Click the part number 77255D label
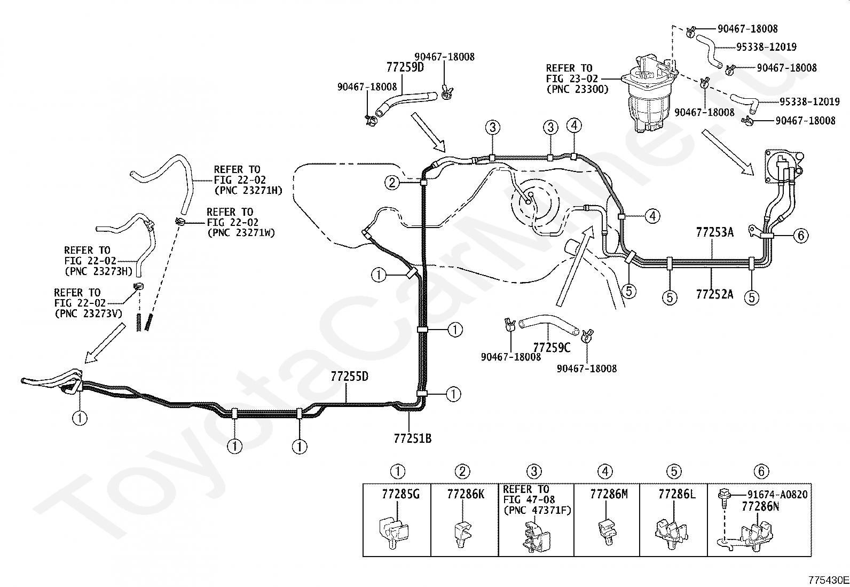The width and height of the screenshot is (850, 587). click(349, 377)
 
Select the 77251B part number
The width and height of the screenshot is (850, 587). click(413, 439)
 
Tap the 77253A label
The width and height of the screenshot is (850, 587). click(714, 232)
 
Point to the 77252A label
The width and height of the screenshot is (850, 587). click(714, 294)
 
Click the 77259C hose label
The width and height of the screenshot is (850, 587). click(552, 348)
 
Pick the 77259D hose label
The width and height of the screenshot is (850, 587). click(405, 67)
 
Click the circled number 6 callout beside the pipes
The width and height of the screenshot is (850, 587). click(801, 236)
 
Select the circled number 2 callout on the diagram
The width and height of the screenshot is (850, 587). click(392, 183)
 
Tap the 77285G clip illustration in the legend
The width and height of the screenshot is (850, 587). click(394, 533)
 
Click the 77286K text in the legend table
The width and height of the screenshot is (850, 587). click(466, 494)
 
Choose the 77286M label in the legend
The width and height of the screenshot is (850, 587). click(609, 494)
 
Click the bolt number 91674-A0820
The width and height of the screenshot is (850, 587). click(777, 495)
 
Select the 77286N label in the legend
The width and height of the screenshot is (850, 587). click(760, 506)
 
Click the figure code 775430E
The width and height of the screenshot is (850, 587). click(828, 580)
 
